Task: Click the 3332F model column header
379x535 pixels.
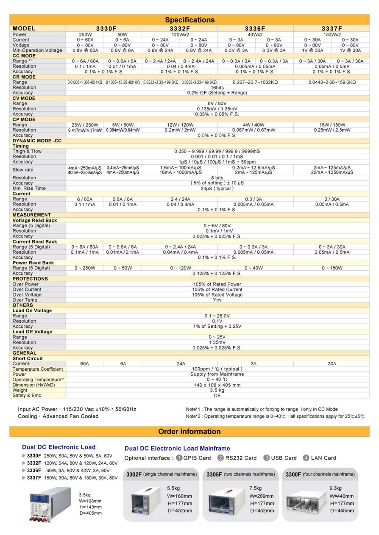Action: (x=180, y=28)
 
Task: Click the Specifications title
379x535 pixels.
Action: (x=189, y=20)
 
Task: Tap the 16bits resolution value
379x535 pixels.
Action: (x=217, y=87)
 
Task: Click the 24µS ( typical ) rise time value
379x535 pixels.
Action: (x=217, y=188)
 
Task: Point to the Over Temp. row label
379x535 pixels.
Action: (x=25, y=300)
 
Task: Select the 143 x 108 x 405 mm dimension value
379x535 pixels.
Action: (x=217, y=385)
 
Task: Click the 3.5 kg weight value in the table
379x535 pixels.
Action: (x=217, y=390)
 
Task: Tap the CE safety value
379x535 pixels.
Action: (x=217, y=396)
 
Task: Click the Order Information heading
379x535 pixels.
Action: (x=189, y=432)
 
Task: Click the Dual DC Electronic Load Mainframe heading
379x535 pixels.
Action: (x=177, y=448)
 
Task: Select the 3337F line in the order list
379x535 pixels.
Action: (x=72, y=478)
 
